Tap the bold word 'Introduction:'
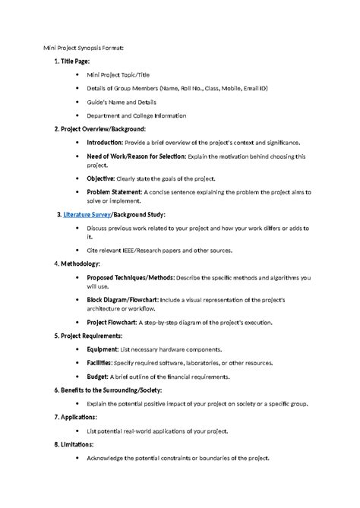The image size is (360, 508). (x=107, y=142)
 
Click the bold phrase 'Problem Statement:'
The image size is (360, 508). (x=114, y=192)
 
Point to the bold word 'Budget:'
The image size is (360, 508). (x=98, y=377)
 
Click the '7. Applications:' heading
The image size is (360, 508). (x=75, y=417)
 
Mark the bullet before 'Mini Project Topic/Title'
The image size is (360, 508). (x=78, y=76)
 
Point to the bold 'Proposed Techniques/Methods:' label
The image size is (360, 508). (x=130, y=278)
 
